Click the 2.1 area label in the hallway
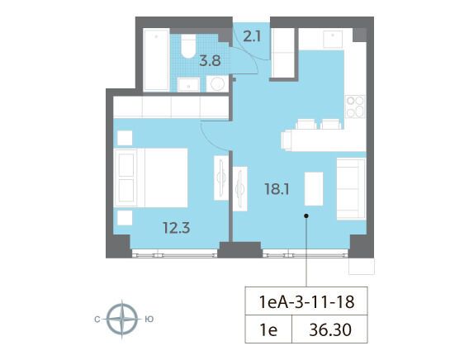click(252, 37)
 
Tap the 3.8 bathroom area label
click(211, 61)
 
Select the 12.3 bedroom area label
click(177, 228)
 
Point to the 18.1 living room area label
click(277, 189)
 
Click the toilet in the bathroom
click(188, 45)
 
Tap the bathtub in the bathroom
click(156, 59)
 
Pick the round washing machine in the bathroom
click(217, 83)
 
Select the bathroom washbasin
click(188, 84)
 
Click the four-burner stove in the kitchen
click(355, 107)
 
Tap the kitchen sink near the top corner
click(333, 39)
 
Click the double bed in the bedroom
click(151, 178)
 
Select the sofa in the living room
click(351, 189)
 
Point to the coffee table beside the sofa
click(314, 189)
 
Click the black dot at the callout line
click(306, 216)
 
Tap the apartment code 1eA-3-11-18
click(306, 301)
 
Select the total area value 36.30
click(330, 329)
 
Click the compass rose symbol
click(122, 319)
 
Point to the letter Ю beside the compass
click(149, 320)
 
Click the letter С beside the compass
click(97, 320)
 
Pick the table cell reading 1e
click(268, 329)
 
